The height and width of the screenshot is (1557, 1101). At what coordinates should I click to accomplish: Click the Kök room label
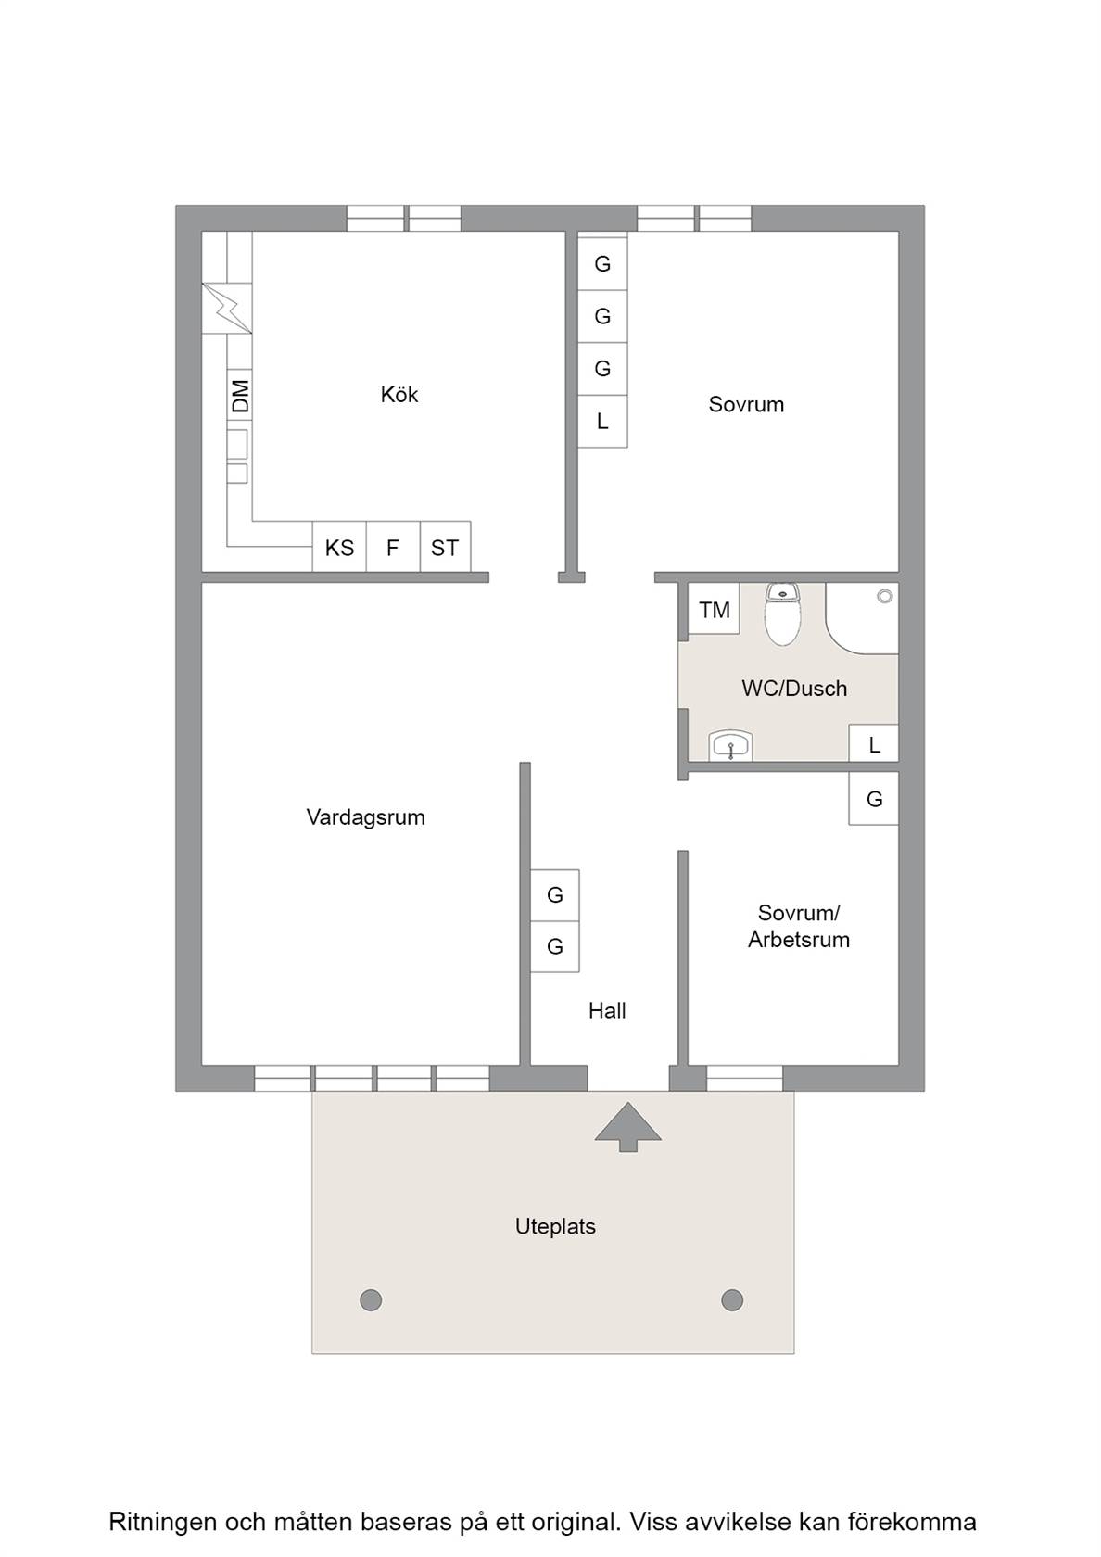(399, 394)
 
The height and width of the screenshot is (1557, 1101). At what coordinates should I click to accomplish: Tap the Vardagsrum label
(365, 816)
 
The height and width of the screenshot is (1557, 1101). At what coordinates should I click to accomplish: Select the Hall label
(607, 1010)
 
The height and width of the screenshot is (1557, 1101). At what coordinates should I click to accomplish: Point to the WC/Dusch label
(794, 688)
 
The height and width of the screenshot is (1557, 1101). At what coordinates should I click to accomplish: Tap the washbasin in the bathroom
(730, 745)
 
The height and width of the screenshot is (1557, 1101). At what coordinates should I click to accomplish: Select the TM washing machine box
(714, 609)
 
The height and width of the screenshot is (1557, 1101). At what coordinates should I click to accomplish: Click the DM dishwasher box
(240, 396)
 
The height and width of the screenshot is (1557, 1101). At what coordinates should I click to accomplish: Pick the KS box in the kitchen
(339, 547)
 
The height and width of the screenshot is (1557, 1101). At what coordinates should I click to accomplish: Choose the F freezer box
(393, 547)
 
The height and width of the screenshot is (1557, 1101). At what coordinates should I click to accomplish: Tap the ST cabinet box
(445, 547)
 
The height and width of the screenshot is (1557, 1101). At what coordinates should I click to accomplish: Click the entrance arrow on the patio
(627, 1126)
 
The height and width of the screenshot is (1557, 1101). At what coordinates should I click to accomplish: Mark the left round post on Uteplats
(371, 1299)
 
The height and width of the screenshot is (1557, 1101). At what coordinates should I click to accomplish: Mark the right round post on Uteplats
(732, 1299)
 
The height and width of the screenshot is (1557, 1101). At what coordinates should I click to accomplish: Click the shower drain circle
(885, 596)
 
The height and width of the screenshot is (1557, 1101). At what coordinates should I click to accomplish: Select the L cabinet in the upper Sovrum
(602, 421)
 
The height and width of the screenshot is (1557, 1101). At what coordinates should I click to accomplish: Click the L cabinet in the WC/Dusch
(874, 743)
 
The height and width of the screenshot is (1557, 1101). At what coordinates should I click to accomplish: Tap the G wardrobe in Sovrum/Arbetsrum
(874, 799)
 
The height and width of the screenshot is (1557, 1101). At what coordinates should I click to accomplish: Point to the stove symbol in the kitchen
(226, 308)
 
